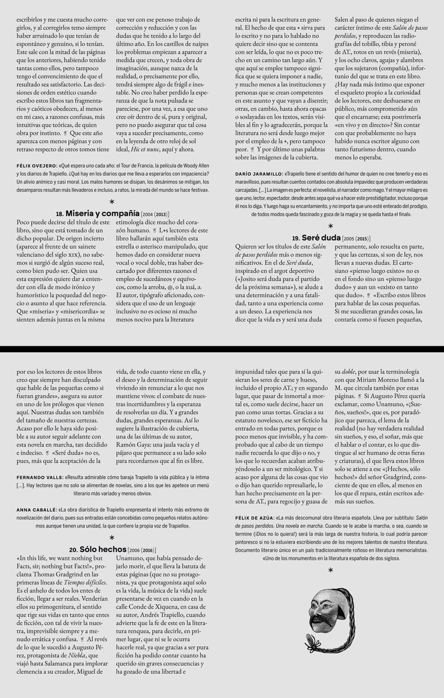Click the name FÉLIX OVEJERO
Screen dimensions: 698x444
37,166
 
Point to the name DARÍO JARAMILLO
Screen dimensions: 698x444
259,174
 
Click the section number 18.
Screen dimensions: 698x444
60,214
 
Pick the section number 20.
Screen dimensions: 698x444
73,549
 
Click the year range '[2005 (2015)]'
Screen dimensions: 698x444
356,238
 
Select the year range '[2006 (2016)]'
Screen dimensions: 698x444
142,550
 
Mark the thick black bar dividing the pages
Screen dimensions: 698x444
222,349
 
